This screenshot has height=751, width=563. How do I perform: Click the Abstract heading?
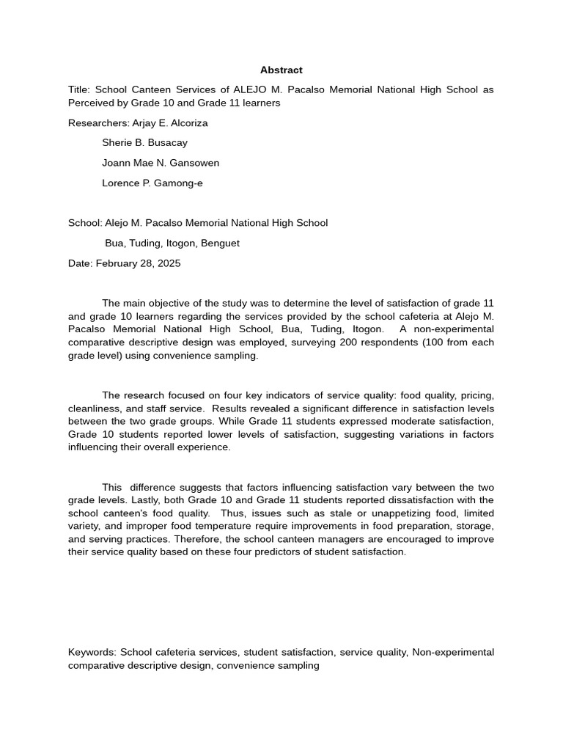click(281, 70)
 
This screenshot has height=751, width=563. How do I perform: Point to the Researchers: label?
click(98, 123)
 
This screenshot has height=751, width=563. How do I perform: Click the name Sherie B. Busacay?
click(144, 143)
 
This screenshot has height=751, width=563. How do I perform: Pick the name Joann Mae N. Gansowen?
click(161, 163)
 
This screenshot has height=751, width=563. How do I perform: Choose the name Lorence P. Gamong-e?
click(152, 183)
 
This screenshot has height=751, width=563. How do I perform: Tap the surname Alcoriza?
click(188, 123)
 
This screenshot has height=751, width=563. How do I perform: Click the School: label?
click(84, 223)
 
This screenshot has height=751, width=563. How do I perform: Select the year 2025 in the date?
click(169, 263)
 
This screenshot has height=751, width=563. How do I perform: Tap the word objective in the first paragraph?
click(169, 303)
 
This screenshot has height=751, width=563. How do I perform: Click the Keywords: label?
click(92, 653)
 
